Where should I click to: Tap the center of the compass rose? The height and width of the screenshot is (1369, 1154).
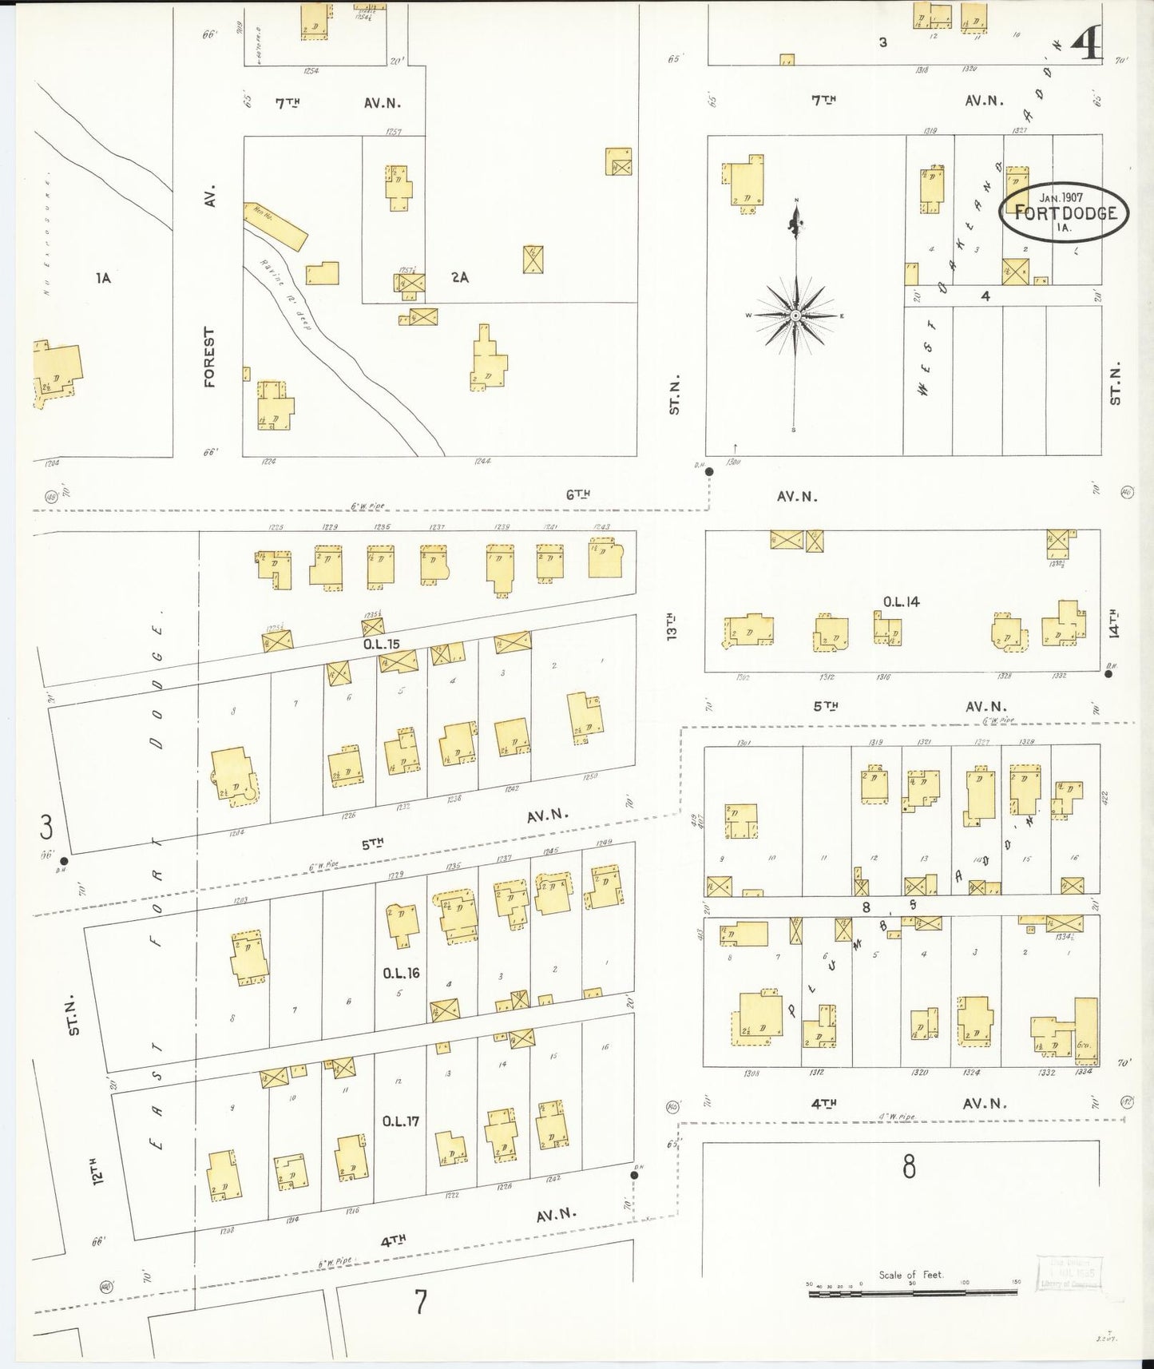[796, 316]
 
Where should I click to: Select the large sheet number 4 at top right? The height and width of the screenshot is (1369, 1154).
[1087, 46]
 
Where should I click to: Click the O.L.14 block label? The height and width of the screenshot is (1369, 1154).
[901, 601]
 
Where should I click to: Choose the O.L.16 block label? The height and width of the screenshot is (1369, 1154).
[400, 973]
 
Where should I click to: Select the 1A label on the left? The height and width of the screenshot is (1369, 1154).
[102, 278]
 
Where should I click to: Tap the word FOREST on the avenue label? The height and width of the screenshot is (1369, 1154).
[210, 357]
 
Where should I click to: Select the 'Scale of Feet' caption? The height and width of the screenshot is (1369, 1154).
[910, 1275]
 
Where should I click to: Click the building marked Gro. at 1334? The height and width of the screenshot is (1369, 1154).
[1086, 1030]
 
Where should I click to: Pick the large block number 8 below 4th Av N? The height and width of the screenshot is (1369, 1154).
[909, 1169]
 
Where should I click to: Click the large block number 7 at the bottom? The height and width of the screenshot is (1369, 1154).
[421, 1302]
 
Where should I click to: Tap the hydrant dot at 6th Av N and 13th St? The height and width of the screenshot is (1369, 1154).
[708, 471]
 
